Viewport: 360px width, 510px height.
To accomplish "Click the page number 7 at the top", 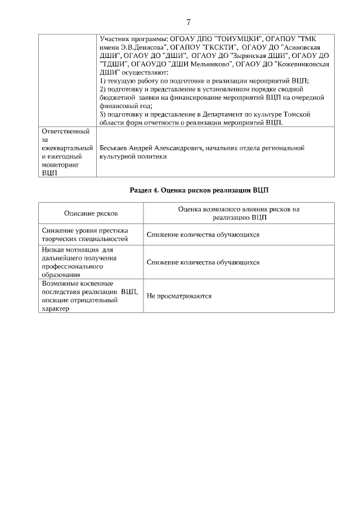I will pyautogui.click(x=188, y=23).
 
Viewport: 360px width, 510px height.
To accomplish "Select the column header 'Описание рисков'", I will pyautogui.click(x=91, y=214).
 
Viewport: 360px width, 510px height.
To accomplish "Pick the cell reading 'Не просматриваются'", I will pyautogui.click(x=179, y=296).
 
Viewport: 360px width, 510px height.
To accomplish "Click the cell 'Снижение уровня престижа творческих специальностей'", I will pyautogui.click(x=85, y=235).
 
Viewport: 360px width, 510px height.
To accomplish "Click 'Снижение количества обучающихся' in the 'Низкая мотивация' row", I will pyautogui.click(x=203, y=262).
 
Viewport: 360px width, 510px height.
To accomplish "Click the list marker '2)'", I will pyautogui.click(x=103, y=89).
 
